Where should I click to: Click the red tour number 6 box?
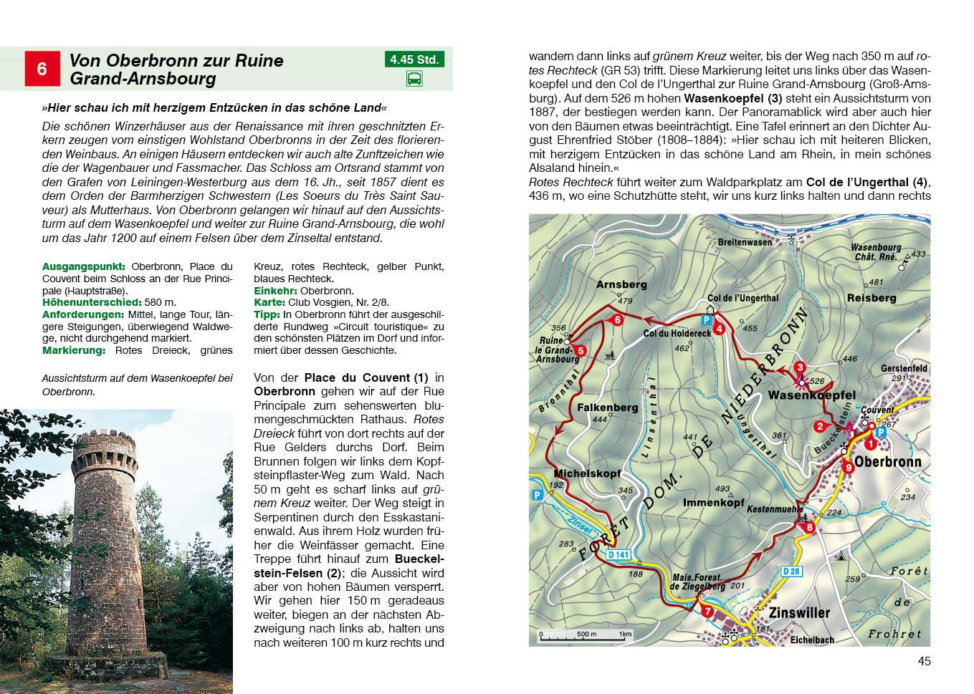click(42, 69)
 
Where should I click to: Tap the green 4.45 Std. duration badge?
click(414, 59)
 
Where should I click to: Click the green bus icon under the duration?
click(414, 79)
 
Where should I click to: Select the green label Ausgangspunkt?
click(84, 266)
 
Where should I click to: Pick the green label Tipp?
click(267, 314)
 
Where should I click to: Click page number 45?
click(924, 661)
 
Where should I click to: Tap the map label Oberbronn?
click(887, 462)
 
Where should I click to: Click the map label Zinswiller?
click(798, 613)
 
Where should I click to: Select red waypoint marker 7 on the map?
click(707, 611)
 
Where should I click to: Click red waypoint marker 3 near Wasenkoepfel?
click(800, 368)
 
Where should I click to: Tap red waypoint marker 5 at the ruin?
click(581, 351)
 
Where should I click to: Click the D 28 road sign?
click(791, 571)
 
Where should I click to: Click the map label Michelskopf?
click(587, 473)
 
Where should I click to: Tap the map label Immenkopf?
click(713, 503)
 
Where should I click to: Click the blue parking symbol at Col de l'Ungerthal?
click(706, 319)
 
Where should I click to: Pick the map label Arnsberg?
click(621, 284)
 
